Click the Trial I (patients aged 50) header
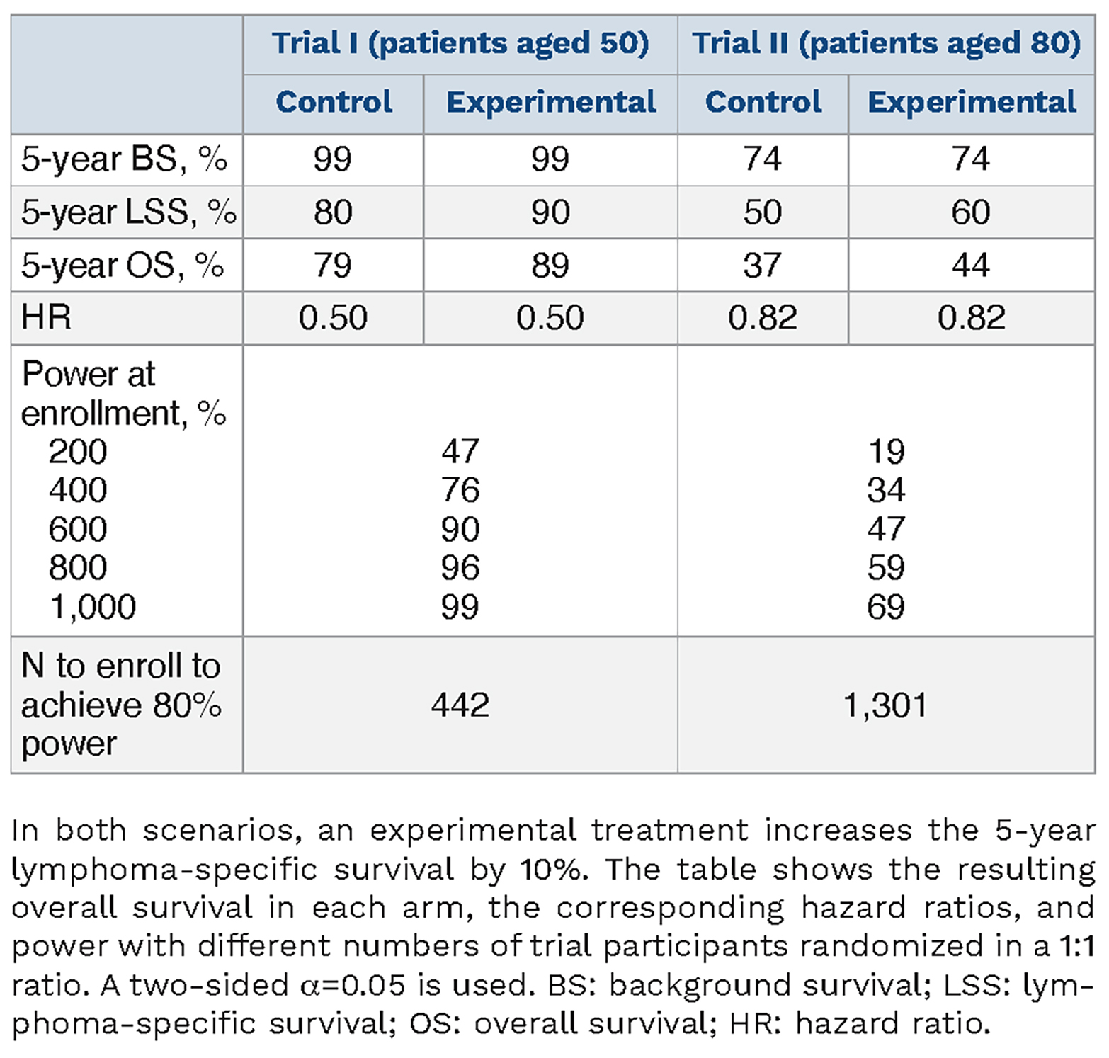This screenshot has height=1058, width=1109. tap(460, 43)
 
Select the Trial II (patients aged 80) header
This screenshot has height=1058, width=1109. tap(886, 43)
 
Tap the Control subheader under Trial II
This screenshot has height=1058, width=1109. tap(763, 101)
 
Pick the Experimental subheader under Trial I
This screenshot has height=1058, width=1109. tap(551, 102)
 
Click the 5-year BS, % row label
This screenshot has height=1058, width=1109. tap(124, 159)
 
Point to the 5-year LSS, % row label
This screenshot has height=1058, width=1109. tap(129, 212)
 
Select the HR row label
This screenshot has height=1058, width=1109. tap(46, 317)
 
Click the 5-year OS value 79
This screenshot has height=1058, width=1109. tap(333, 265)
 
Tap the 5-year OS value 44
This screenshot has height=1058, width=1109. tap(971, 265)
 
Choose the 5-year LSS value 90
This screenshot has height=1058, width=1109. tap(550, 212)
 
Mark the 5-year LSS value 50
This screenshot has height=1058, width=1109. tap(763, 212)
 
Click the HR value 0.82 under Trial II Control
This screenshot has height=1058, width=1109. tap(763, 317)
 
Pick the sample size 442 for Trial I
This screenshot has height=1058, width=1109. tap(460, 705)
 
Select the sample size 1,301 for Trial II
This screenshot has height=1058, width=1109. tap(885, 705)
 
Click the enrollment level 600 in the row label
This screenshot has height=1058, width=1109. tap(78, 529)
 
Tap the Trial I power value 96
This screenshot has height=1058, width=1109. tap(460, 567)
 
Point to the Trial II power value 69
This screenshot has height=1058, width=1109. tap(886, 607)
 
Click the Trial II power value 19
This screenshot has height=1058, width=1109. tap(887, 451)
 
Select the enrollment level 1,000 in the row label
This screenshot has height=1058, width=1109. tap(93, 607)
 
